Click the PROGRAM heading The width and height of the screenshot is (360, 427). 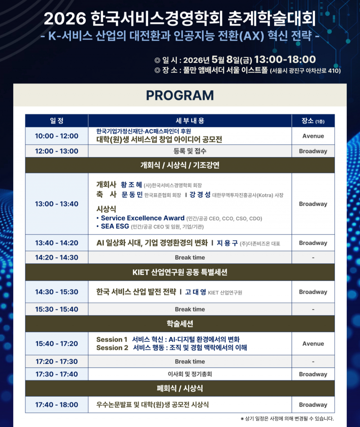(x=180, y=95)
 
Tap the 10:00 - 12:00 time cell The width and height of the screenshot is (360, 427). (x=57, y=136)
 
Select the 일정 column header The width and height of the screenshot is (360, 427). (x=57, y=121)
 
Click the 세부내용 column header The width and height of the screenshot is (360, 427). (x=190, y=121)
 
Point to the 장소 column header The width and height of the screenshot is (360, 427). (x=313, y=121)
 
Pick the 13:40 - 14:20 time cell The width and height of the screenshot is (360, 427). (x=57, y=243)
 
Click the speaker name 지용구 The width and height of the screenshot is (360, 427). (x=227, y=243)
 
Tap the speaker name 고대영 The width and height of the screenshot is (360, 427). (x=196, y=292)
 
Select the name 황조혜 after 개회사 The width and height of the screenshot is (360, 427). (x=131, y=185)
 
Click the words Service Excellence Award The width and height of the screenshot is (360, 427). (x=143, y=218)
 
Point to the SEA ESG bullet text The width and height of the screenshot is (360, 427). (x=115, y=226)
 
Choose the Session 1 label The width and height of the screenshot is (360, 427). (x=112, y=339)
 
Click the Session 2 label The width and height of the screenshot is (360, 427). (x=112, y=348)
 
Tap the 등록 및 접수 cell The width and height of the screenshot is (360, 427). (x=190, y=151)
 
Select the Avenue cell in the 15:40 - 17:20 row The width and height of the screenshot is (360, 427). (x=313, y=344)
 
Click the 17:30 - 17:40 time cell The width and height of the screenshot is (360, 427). (x=57, y=374)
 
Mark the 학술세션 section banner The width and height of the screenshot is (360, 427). (x=180, y=324)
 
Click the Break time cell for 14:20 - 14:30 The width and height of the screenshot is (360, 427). (x=190, y=257)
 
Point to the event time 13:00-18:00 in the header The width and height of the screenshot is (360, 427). (x=285, y=59)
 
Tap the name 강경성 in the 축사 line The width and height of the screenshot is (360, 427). (x=200, y=194)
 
